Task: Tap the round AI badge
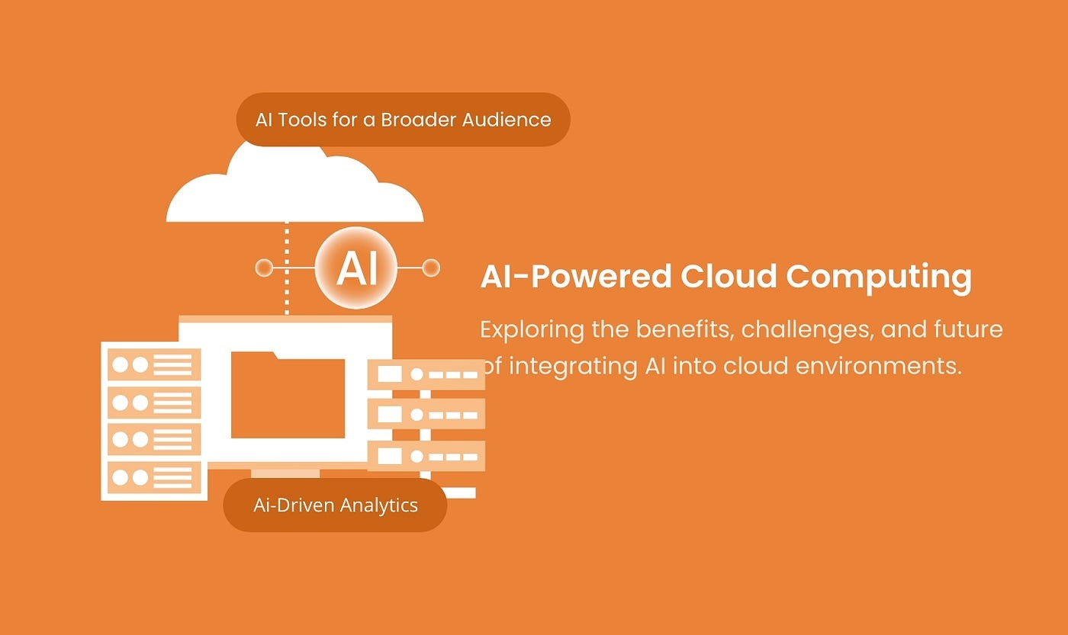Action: coord(356,268)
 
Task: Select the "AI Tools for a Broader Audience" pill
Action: coord(403,120)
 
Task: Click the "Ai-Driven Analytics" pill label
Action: coord(335,505)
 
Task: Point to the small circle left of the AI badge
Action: coord(264,268)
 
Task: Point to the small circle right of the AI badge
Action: coord(431,268)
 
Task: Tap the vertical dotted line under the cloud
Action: coord(287,267)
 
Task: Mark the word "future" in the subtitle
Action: coord(968,330)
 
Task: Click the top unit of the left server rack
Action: coord(153,364)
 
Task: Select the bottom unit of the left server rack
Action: coord(153,477)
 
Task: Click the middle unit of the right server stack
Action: coord(426,415)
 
